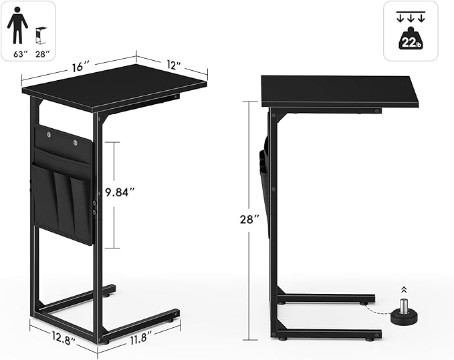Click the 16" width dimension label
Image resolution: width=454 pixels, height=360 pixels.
[x=80, y=67]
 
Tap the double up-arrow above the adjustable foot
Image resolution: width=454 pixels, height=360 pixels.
[x=403, y=289]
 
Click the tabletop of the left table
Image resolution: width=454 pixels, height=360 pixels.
[x=114, y=87]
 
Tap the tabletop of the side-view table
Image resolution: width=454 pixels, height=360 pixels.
[x=341, y=91]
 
